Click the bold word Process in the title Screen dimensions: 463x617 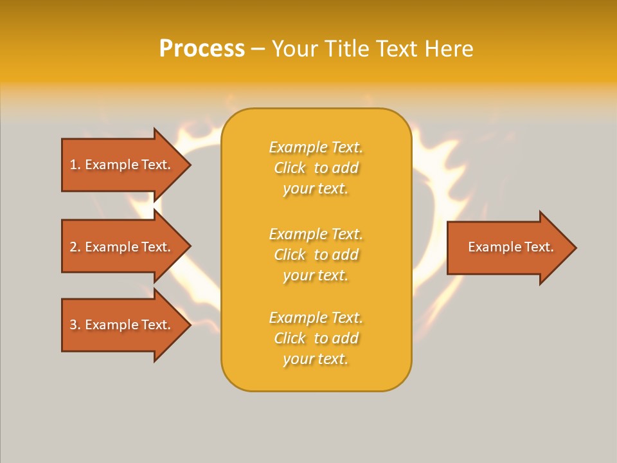click(x=202, y=49)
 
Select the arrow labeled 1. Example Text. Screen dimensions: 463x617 click(x=122, y=165)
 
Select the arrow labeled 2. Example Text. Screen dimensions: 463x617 click(x=122, y=247)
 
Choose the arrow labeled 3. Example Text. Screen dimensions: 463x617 click(x=122, y=325)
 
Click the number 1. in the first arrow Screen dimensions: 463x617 click(x=75, y=165)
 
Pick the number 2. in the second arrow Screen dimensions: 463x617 click(x=75, y=247)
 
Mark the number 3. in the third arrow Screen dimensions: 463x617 click(x=75, y=325)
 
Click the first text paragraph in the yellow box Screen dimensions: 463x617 click(x=316, y=168)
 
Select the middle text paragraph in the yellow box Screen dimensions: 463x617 click(x=316, y=255)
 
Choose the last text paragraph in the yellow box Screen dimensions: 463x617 click(x=316, y=338)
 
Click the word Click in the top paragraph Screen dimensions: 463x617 click(x=290, y=168)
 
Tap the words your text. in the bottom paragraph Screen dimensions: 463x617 click(x=316, y=359)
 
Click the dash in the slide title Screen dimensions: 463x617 click(x=258, y=49)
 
